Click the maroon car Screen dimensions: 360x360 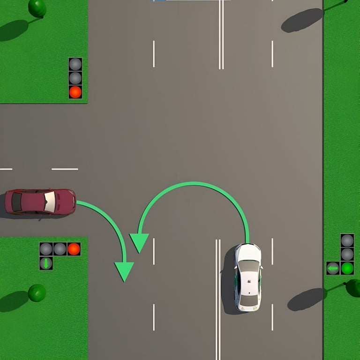pos(40,202)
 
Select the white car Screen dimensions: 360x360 pos(247,277)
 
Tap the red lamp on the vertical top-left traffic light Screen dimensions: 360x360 pos(75,92)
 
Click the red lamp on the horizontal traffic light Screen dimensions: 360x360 pos(74,249)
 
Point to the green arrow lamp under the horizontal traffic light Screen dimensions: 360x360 pos(46,263)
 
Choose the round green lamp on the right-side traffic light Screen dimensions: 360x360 pos(347,268)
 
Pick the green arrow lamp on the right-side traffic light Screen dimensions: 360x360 pos(333,268)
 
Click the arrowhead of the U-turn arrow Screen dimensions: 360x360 pos(139,242)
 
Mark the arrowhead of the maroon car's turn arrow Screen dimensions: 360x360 pos(124,271)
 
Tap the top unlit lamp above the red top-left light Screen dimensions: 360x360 pos(75,64)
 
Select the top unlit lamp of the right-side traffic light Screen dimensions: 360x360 pos(347,240)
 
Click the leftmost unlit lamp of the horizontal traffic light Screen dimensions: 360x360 pos(46,249)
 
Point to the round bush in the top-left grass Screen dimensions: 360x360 pos(37,8)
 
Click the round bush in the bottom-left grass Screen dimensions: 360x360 pos(37,293)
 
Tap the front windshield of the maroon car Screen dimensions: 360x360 pos(50,202)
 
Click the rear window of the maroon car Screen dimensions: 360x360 pos(17,202)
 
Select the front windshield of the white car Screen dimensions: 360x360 pos(248,266)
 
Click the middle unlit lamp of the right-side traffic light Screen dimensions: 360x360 pos(347,255)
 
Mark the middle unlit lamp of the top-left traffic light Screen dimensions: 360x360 pos(75,78)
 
